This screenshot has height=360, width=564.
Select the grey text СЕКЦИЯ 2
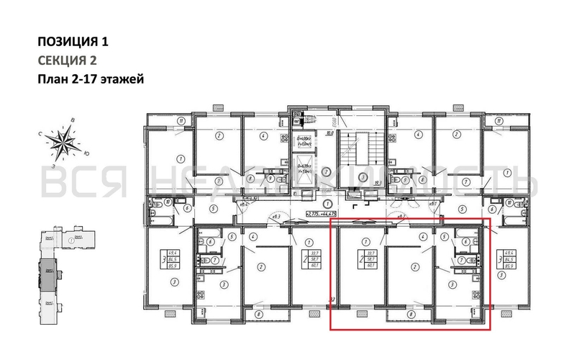click(x=66, y=60)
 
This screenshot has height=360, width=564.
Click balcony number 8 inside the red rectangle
click(x=410, y=314)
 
